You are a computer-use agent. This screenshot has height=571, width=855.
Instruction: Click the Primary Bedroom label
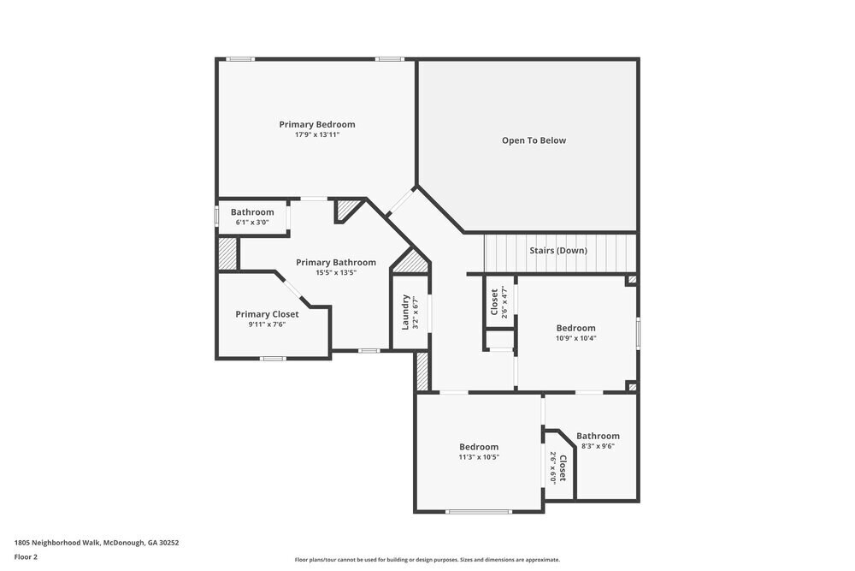click(316, 124)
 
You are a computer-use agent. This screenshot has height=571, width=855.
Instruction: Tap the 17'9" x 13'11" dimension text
click(316, 135)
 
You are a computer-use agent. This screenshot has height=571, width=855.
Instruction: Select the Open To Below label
click(534, 140)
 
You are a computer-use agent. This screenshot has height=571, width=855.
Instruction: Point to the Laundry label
click(406, 312)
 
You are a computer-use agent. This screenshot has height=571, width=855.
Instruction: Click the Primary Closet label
click(267, 314)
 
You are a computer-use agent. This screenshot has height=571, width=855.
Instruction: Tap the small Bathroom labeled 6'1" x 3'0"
click(252, 212)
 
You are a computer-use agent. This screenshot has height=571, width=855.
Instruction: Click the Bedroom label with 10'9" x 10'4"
click(575, 328)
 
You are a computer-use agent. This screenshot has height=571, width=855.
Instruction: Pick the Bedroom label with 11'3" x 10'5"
click(478, 447)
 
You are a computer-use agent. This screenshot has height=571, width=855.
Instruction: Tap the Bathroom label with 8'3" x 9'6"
click(598, 436)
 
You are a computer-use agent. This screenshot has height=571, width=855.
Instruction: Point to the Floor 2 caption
click(26, 556)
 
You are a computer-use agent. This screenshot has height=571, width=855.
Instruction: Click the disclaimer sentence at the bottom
click(427, 560)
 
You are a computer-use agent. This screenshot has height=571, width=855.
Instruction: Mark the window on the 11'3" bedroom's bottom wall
click(479, 512)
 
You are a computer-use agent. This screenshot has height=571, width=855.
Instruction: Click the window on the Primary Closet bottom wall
click(273, 358)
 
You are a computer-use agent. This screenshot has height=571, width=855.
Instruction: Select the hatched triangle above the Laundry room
click(411, 261)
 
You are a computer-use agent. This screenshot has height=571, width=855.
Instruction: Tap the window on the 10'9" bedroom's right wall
click(637, 333)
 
